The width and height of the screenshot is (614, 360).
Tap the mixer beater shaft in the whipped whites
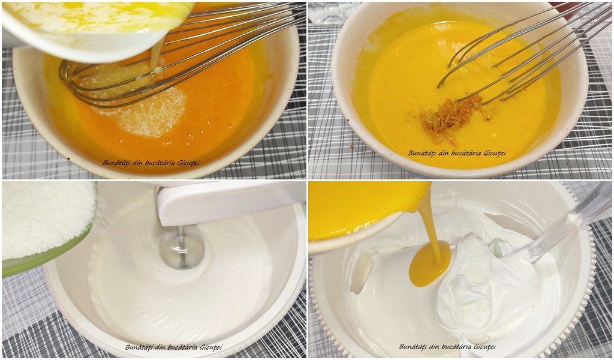point(181,246)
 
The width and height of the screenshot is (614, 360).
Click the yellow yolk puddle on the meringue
point(429,263)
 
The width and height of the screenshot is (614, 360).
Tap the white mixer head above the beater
point(231,203)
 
